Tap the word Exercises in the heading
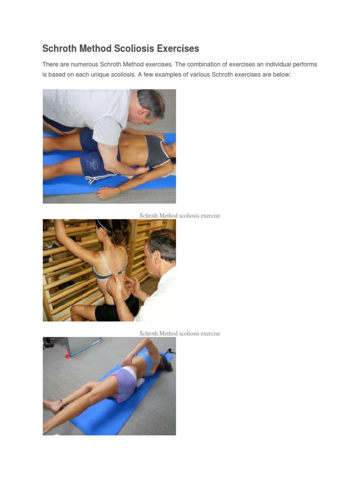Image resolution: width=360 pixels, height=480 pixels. (178, 48)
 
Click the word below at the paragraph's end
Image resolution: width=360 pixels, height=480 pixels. (283, 75)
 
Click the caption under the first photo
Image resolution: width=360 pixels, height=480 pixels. (180, 216)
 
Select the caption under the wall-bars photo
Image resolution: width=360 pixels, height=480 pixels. (180, 333)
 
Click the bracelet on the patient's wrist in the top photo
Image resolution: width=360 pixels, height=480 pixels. (120, 190)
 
